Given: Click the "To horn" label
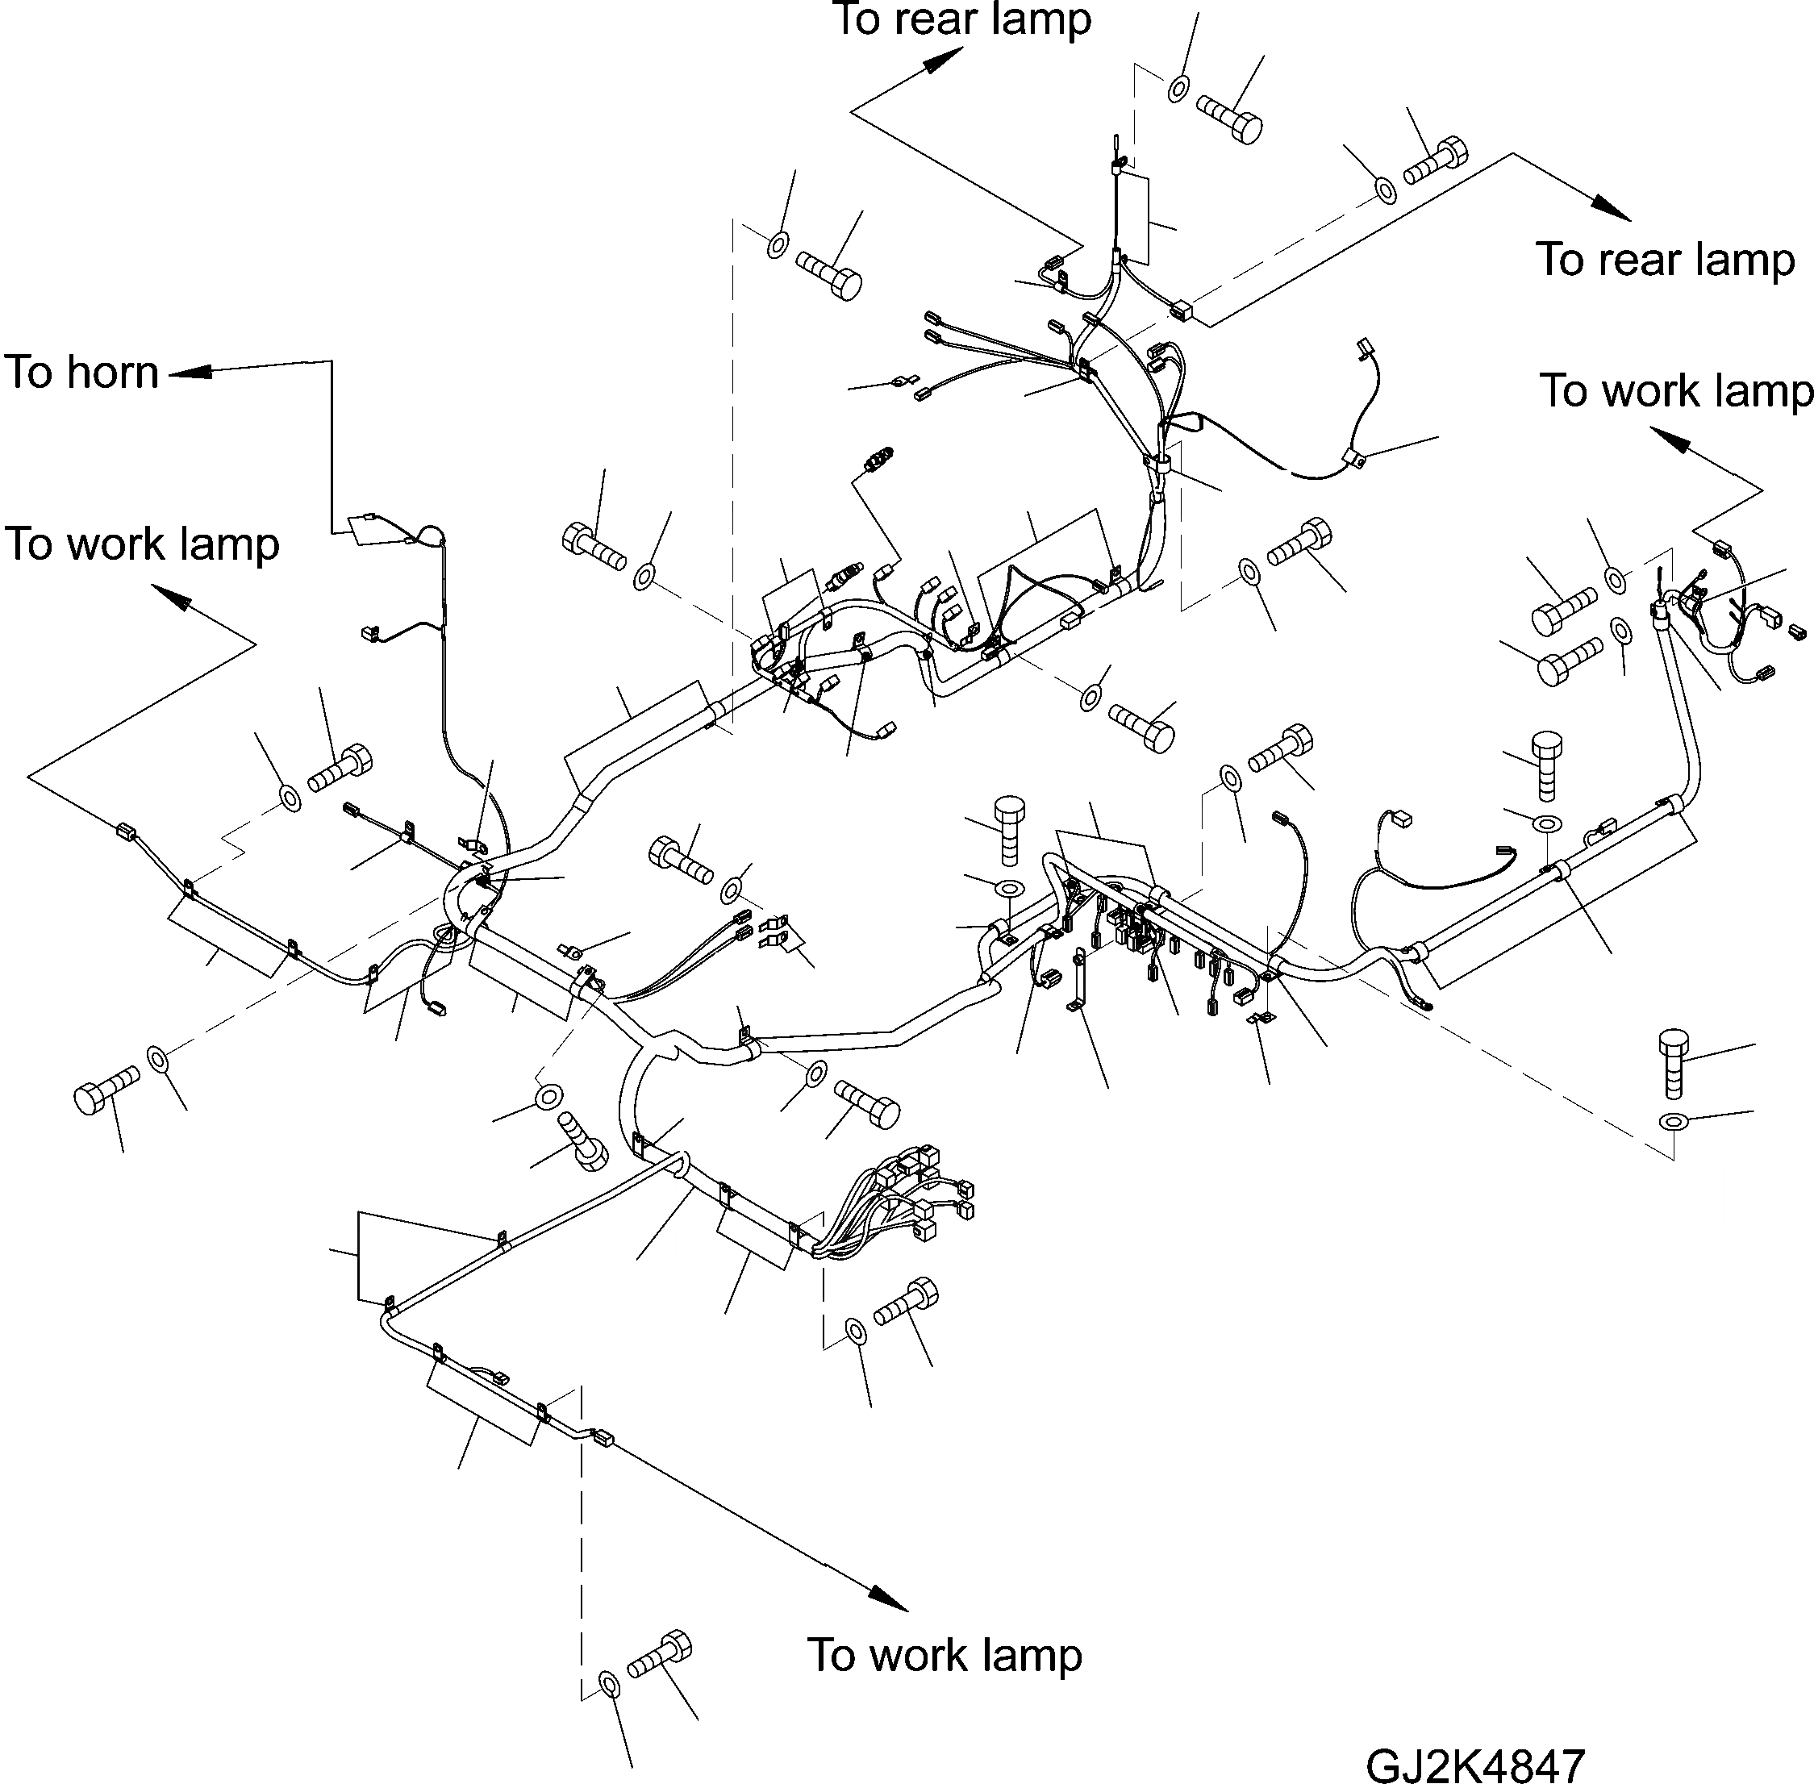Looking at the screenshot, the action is tap(81, 373).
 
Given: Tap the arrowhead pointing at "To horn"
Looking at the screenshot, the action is tap(188, 372).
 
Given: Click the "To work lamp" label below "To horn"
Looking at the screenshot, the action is tap(143, 544).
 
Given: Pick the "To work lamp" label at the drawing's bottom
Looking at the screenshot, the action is tap(945, 1655).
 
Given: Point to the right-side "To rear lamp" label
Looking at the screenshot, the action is tap(1665, 260).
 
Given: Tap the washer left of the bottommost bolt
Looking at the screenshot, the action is tap(608, 1684).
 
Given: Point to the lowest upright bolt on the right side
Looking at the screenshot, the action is tap(1674, 1062).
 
